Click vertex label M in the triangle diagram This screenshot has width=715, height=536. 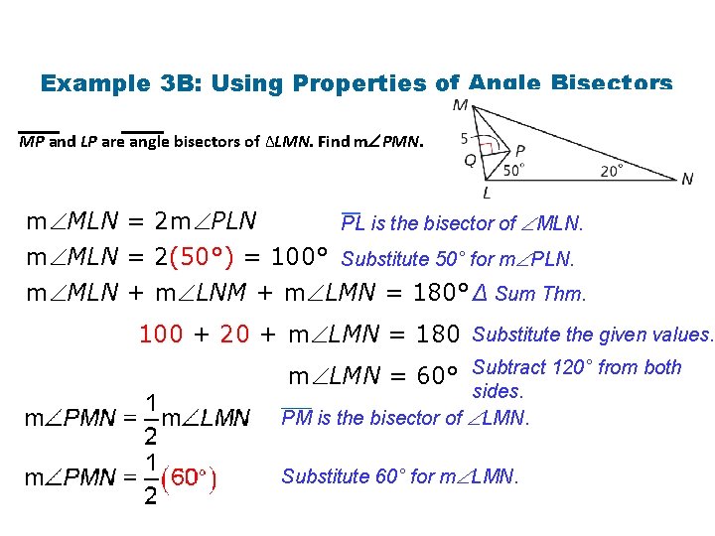coord(461,105)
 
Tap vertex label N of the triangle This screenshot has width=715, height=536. coord(687,179)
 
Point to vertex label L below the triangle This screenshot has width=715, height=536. coord(487,193)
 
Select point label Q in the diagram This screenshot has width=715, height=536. coord(469,158)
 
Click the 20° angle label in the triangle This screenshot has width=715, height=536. coord(613,170)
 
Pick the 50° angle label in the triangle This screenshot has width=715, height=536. coord(513,169)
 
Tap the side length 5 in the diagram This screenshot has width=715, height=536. coord(465,137)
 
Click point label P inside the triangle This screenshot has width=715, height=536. coord(520,150)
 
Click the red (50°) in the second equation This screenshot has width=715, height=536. coord(203,258)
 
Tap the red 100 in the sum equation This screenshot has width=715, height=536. coord(162,335)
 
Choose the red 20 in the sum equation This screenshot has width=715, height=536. coord(234,335)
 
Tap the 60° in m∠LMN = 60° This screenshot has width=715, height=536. coord(437,377)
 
